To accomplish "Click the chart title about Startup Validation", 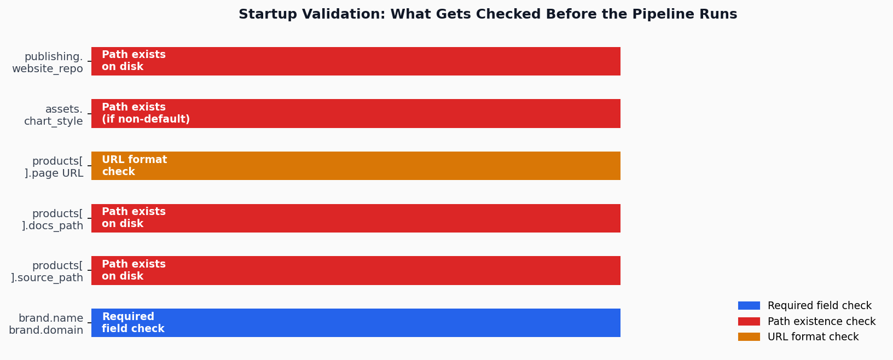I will coord(488,15).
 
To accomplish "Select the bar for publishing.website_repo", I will coord(356,61).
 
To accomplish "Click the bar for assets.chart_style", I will coord(356,113).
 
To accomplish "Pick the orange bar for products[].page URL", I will coord(356,166).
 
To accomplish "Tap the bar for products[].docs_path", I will coord(356,218).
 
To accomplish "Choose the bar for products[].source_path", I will coord(356,270).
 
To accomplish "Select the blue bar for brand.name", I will coord(356,323).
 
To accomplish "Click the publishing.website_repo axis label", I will coord(48,63).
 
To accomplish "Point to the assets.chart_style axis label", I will coord(54,115).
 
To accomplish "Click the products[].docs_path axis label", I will coord(53,219).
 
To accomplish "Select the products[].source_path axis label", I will coord(48,271).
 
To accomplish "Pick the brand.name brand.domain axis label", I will coord(47,324).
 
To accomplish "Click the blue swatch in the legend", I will coord(749,306).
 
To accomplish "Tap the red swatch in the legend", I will coord(749,322).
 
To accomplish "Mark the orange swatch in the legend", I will coord(749,337).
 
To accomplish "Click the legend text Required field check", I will coord(819,306).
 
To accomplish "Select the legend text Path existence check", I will coord(821,322).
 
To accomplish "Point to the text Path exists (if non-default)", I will coord(146,113).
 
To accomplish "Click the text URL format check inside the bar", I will coord(134,166).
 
